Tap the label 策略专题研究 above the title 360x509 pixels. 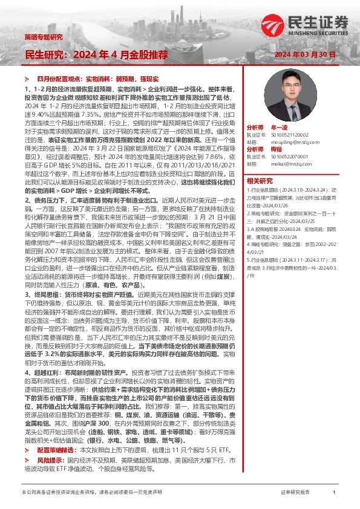click(x=43, y=37)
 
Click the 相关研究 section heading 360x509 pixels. click(x=260, y=180)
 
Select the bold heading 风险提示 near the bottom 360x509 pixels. click(x=50, y=459)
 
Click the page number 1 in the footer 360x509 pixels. click(x=334, y=493)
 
